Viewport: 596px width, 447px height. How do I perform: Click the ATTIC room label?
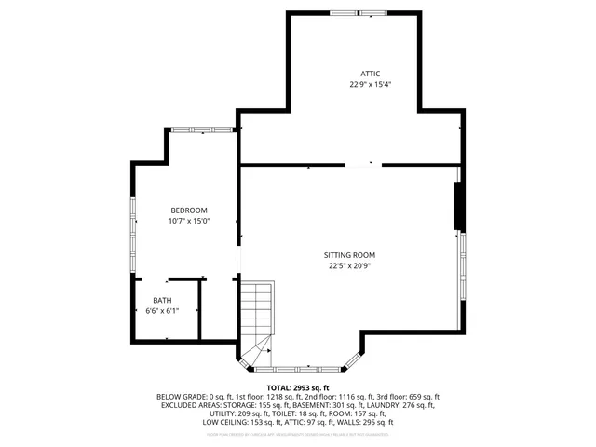coord(371,74)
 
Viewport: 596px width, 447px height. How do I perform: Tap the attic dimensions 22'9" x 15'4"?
coord(371,84)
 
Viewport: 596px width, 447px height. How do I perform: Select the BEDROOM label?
coord(188,210)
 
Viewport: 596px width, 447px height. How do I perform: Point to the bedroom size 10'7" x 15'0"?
coord(188,221)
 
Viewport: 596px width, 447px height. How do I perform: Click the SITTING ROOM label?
coord(350,255)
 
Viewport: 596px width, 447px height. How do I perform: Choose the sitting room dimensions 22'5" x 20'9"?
coord(350,265)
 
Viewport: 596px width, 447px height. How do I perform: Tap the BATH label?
coord(162,300)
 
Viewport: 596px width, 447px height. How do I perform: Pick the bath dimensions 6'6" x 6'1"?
coord(162,310)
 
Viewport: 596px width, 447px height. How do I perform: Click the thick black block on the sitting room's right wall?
coord(457,207)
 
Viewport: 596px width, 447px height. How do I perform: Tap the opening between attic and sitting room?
coord(363,165)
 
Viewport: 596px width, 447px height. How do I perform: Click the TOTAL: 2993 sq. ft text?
coord(298,387)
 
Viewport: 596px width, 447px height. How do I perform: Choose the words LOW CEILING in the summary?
coord(225,422)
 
